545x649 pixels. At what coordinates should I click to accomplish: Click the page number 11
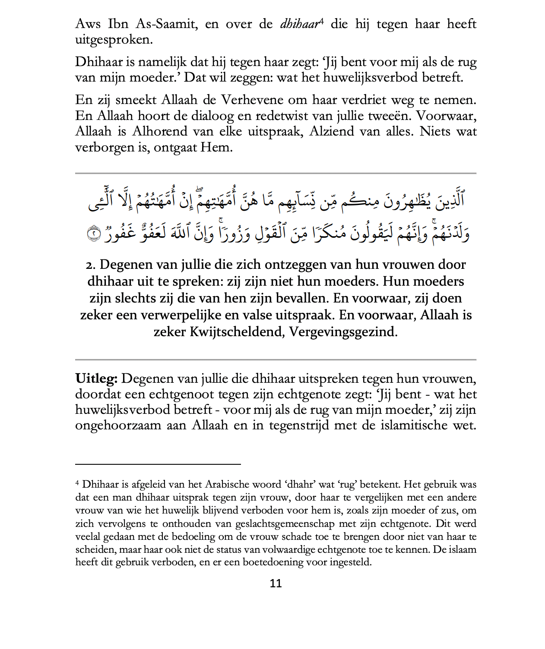click(x=276, y=583)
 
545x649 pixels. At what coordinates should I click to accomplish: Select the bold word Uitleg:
click(x=96, y=378)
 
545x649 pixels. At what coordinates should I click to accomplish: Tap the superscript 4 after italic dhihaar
click(x=321, y=21)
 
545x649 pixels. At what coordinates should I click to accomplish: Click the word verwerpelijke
click(x=180, y=315)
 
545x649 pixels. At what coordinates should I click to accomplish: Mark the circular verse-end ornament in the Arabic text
click(x=94, y=233)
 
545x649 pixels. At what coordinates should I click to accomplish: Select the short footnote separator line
click(x=158, y=464)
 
